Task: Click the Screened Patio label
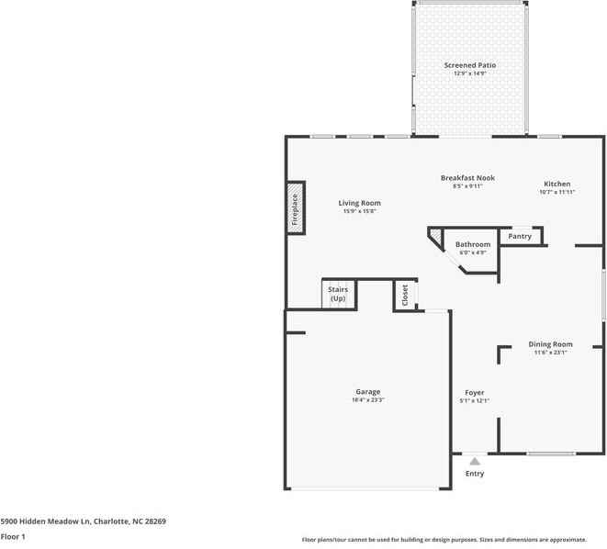[x=469, y=65]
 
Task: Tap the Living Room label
[x=359, y=203]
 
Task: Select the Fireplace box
[x=296, y=208]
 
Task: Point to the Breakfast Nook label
[x=467, y=177]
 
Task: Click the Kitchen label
[x=556, y=184]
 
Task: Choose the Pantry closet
[x=520, y=237]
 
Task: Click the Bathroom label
[x=473, y=244]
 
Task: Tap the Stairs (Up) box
[x=338, y=294]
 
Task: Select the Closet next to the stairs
[x=404, y=294]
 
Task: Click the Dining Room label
[x=551, y=344]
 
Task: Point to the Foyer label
[x=474, y=392]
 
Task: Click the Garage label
[x=367, y=392]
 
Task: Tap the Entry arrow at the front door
[x=474, y=461]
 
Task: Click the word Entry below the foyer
[x=474, y=474]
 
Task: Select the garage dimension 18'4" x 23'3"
[x=367, y=400]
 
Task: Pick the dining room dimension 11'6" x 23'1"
[x=551, y=353]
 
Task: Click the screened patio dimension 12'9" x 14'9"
[x=469, y=73]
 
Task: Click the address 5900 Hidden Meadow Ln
[x=83, y=521]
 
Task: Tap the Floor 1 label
[x=13, y=536]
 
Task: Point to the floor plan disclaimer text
[x=452, y=539]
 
